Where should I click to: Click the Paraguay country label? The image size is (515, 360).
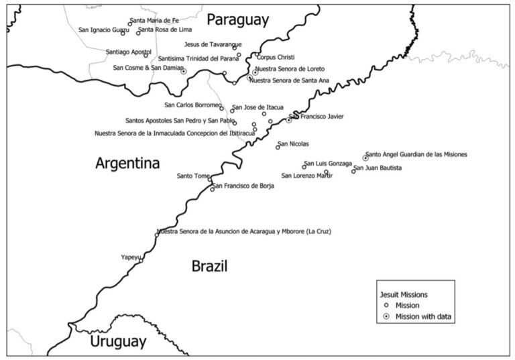(x=237, y=19)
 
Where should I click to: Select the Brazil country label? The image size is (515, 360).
(x=209, y=266)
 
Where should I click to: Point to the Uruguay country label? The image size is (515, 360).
(x=118, y=341)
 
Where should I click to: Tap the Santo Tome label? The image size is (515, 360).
(x=193, y=176)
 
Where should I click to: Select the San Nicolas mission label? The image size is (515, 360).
(x=293, y=143)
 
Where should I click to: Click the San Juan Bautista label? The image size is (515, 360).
(x=378, y=168)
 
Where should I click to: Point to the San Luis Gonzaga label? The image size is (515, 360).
(x=328, y=164)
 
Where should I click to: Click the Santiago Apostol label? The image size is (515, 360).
(x=129, y=52)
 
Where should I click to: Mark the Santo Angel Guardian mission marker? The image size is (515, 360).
(x=365, y=158)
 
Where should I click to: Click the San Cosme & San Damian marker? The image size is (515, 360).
(x=184, y=71)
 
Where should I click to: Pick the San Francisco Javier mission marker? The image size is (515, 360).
(x=288, y=121)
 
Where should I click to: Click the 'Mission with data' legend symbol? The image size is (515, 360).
(x=385, y=316)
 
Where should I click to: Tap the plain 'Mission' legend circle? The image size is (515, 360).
(x=385, y=305)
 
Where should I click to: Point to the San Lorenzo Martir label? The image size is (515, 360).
(x=307, y=176)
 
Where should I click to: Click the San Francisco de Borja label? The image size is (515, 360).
(x=243, y=186)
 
